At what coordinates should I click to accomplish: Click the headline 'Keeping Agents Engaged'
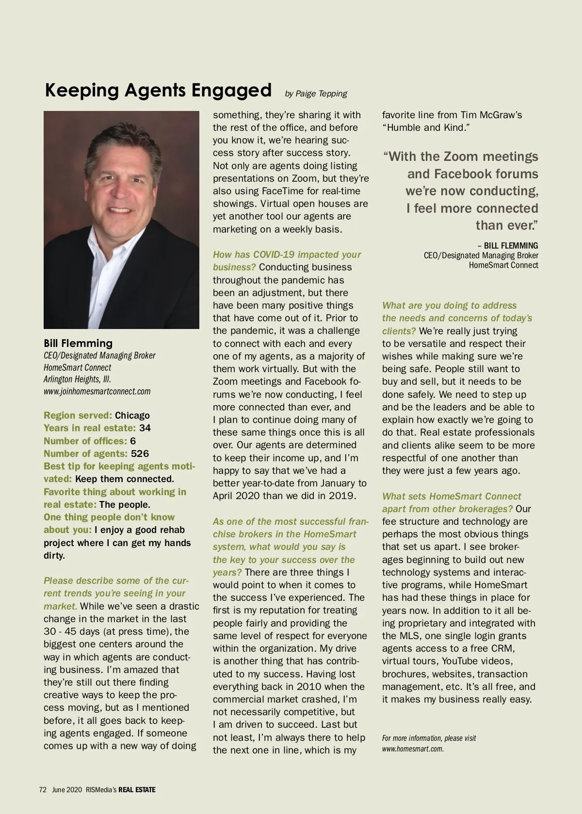tap(158, 91)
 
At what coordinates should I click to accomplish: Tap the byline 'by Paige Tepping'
tap(316, 94)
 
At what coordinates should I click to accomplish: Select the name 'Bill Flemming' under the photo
tap(78, 343)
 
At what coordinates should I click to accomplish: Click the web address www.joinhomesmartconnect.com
tap(97, 391)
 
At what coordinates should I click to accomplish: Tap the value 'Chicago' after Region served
tap(132, 415)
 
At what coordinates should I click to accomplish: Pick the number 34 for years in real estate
tap(145, 428)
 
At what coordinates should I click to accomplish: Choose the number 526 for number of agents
tap(140, 454)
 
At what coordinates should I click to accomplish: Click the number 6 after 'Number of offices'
tap(133, 441)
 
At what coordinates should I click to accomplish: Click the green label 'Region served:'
tap(78, 415)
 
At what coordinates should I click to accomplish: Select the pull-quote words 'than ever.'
tap(507, 225)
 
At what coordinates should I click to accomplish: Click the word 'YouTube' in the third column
tap(454, 661)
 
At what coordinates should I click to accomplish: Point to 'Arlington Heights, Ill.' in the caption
tap(78, 379)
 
